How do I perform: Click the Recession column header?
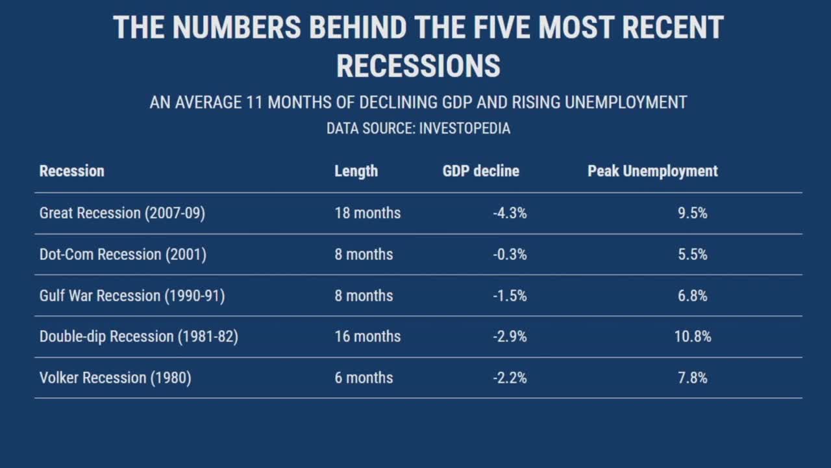point(71,171)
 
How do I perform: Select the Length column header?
point(356,171)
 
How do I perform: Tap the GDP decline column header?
point(480,171)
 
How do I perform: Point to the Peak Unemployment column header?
point(652,171)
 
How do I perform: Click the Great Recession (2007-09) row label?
point(122,213)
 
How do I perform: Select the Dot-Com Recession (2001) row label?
point(123,254)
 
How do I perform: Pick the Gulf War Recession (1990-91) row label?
point(132,296)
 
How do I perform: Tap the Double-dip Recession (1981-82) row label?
point(138,337)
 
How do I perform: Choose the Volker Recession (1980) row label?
point(115,378)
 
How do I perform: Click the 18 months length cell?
point(367,213)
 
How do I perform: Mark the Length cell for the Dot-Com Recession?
point(364,254)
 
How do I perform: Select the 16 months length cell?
point(367,337)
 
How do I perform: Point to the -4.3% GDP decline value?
point(510,213)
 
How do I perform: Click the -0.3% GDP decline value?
point(510,254)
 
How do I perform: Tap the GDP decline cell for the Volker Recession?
point(510,378)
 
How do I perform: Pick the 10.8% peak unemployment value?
point(693,337)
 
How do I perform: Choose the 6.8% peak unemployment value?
point(693,296)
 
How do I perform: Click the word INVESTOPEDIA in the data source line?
point(464,129)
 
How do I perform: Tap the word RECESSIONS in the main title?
point(418,66)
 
